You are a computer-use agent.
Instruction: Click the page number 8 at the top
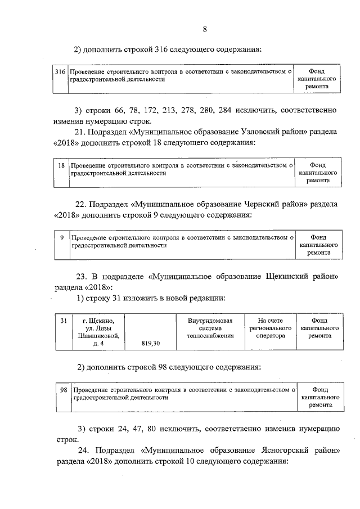[x=205, y=30]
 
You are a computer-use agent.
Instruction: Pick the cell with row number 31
[x=64, y=321]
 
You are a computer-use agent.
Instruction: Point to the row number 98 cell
[x=64, y=389]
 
